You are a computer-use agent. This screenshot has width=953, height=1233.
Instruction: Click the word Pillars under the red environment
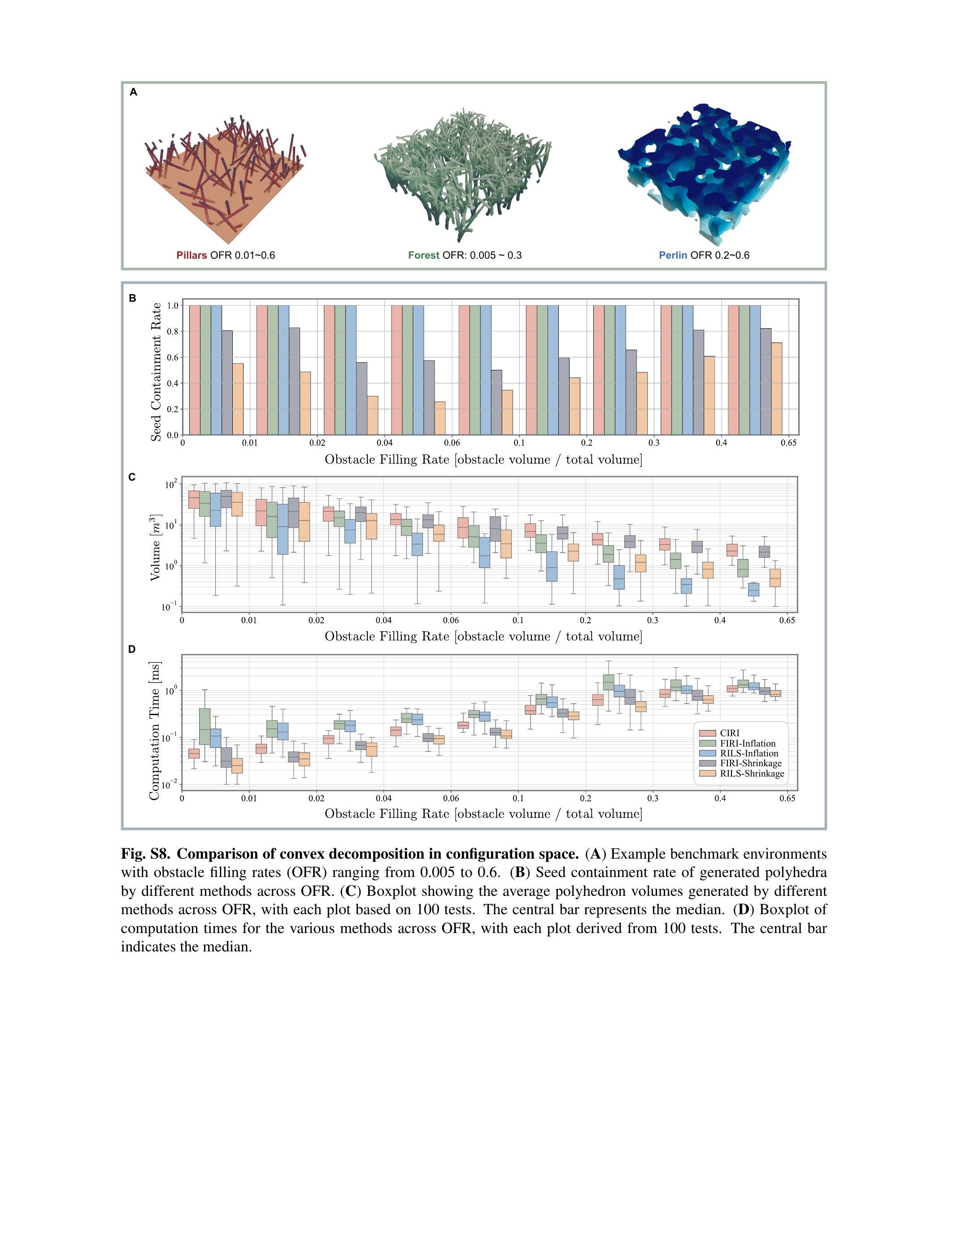(191, 255)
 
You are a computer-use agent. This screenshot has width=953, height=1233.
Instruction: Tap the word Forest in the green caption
(423, 255)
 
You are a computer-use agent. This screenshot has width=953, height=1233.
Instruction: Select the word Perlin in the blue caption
(673, 255)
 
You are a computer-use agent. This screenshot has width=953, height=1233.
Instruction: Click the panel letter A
(133, 92)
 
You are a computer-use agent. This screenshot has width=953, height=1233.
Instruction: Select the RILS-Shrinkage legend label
(752, 774)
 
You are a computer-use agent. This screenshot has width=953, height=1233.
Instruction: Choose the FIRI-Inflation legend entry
(748, 743)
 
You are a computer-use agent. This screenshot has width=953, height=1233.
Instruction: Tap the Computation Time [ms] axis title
(154, 730)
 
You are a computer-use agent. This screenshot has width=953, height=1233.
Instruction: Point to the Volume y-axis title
(156, 547)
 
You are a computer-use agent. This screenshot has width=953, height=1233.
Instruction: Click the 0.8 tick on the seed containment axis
(173, 331)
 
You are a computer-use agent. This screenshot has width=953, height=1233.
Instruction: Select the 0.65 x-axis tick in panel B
(789, 443)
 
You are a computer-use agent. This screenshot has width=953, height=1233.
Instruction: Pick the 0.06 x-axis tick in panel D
(451, 798)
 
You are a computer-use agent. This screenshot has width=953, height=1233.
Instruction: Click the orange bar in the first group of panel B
(238, 399)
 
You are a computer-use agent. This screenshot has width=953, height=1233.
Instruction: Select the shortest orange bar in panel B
(440, 418)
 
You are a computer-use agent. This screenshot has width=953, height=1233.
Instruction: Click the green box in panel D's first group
(205, 734)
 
